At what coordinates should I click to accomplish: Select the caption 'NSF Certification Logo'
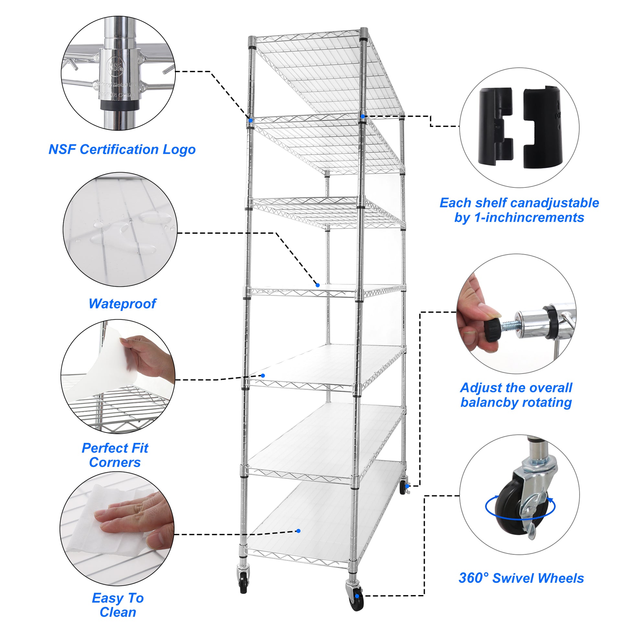122,150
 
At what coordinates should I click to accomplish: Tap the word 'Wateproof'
122,304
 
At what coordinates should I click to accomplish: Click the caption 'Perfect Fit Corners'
115,455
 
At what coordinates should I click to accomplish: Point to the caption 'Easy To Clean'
118,605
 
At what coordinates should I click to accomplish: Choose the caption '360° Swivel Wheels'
521,578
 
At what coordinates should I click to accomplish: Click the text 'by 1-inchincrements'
519,218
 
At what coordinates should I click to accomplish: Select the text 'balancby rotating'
516,402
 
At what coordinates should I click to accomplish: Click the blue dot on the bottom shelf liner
298,531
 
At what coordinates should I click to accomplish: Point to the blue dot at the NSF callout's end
251,121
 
